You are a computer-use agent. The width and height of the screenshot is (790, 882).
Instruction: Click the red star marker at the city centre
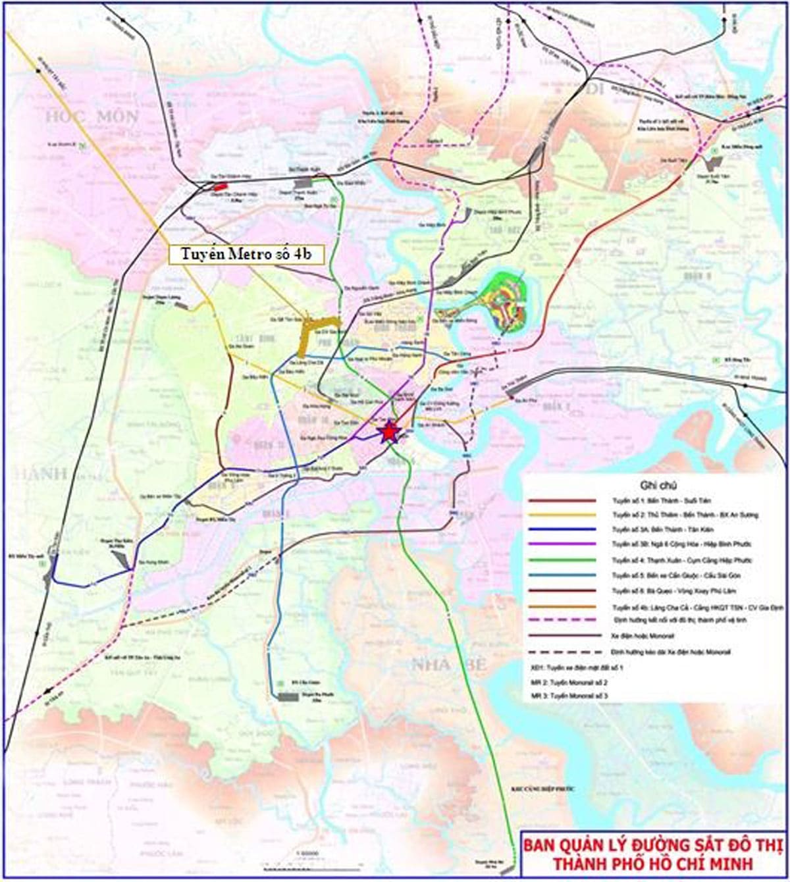(x=389, y=432)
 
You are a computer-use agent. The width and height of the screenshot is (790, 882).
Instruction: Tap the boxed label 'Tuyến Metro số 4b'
(x=246, y=255)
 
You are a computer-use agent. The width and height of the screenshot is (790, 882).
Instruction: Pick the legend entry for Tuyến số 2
(x=684, y=515)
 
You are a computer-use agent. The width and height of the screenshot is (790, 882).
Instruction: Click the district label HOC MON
(x=92, y=117)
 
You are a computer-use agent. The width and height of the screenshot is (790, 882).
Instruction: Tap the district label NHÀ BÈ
(x=448, y=665)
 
